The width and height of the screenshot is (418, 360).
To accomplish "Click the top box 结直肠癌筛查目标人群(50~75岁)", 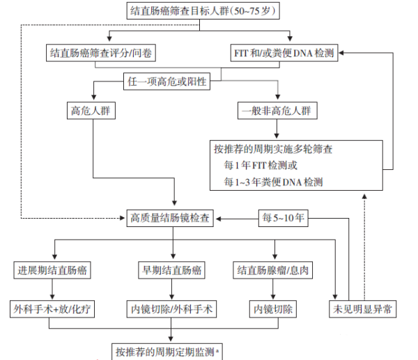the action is coord(203,10).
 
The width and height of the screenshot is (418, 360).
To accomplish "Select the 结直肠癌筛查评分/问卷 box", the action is coord(101,53).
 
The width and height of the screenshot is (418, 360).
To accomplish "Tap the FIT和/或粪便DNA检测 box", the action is coord(284,53).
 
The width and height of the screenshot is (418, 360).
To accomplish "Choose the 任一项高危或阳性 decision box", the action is coord(167,81).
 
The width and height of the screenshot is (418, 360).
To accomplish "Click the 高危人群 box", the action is coord(91,111).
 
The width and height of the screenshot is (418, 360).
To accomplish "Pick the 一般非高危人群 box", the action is coord(277,111).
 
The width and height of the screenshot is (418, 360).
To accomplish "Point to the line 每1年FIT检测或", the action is coord(261,166).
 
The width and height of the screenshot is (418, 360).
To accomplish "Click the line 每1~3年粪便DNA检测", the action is coord(273,182).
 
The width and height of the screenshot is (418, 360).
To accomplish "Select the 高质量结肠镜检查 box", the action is coord(170,218).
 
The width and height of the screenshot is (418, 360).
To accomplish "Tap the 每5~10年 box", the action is coord(283,218).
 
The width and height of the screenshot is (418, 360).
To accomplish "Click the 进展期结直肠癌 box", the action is coord(52,270).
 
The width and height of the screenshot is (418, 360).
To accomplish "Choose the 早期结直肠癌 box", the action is coord(171,270).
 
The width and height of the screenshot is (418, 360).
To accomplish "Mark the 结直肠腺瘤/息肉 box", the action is coord(272,270).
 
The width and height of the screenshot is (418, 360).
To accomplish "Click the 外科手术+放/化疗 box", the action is coord(52,309).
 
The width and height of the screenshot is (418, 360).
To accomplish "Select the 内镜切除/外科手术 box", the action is coord(171,309).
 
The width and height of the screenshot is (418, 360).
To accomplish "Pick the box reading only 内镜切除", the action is coord(272,309).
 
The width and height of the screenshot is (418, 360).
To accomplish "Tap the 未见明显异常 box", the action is coord(362,309).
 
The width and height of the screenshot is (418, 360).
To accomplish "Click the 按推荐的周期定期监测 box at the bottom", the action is coord(167,352).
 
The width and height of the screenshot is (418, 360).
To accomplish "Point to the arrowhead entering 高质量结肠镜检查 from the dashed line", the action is coord(123,218).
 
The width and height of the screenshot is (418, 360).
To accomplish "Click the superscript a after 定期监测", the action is coord(217,350).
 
